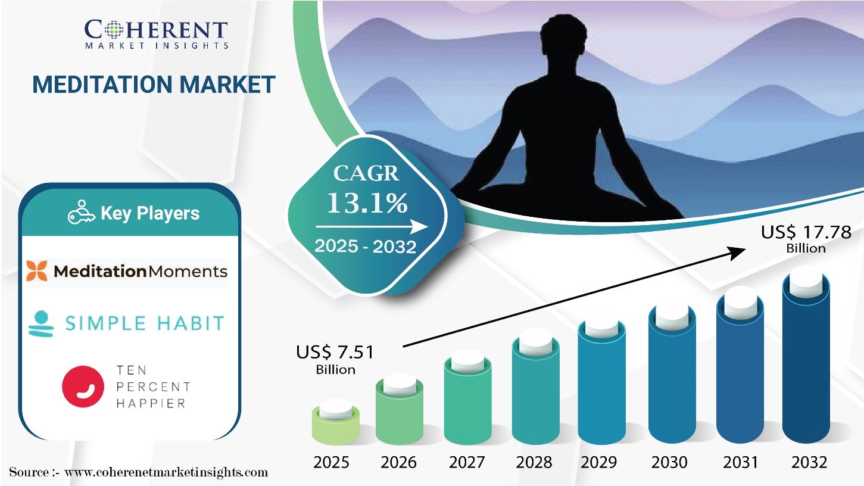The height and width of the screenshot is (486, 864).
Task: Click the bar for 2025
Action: point(336,422)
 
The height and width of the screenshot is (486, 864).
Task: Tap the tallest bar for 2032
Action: point(806,359)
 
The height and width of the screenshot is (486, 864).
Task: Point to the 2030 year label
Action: point(669,462)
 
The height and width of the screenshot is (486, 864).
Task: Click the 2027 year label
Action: point(467,462)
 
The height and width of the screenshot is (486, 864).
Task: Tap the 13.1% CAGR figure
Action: point(367,203)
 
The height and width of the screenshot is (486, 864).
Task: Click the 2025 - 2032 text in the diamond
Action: point(365,246)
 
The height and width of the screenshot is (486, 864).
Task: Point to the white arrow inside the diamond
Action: point(372,226)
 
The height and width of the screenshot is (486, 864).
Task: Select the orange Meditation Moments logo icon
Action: point(37,271)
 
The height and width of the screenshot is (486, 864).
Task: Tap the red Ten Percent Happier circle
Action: point(83,387)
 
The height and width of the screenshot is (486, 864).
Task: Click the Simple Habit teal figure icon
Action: point(41,324)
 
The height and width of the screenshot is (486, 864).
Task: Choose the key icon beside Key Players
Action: point(82,212)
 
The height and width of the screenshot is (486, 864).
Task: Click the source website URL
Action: point(166,472)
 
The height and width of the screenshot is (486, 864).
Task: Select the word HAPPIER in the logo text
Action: point(151,403)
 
